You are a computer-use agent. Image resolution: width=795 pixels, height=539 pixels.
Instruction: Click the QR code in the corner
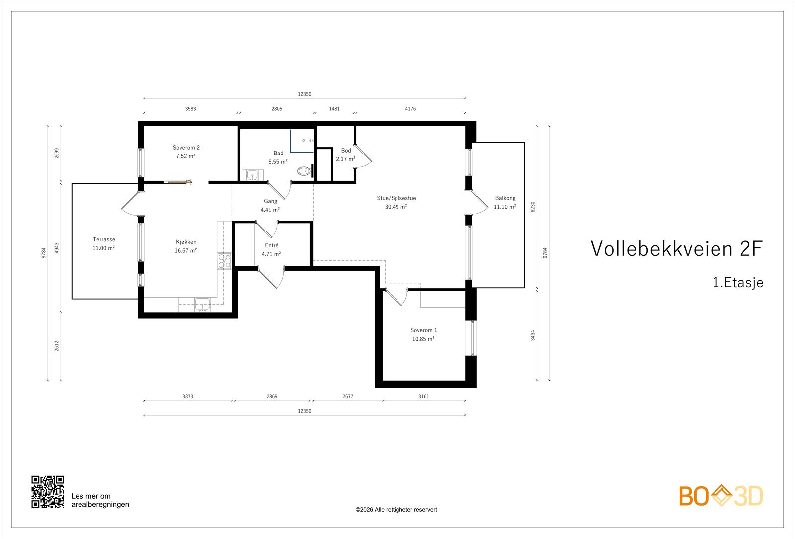[x=48, y=492]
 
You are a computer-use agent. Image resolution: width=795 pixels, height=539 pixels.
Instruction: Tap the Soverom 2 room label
[x=186, y=148]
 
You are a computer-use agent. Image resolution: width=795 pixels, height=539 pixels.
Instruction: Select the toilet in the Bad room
[x=304, y=171]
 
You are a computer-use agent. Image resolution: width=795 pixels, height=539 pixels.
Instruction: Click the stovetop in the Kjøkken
[x=224, y=261]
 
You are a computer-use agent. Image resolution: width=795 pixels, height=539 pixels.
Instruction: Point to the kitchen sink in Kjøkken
[x=202, y=304]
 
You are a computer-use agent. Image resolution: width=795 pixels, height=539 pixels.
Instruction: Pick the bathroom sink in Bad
[x=252, y=175]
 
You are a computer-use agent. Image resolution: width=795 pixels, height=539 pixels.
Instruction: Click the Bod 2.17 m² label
[x=345, y=159]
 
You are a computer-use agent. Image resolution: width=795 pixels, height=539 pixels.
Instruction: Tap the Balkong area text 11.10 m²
[x=505, y=207]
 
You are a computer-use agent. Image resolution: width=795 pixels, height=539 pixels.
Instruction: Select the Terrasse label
[x=104, y=239]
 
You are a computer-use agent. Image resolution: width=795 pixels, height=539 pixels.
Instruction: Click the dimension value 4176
[x=410, y=109]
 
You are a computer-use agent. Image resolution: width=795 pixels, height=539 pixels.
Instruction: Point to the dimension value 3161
[x=423, y=396]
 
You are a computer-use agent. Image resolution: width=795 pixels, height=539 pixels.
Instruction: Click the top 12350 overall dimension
[x=304, y=94]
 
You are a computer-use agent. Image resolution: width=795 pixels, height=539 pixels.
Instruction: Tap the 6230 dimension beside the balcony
[x=533, y=207]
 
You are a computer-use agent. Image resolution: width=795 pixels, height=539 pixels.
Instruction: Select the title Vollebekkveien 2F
[x=676, y=249]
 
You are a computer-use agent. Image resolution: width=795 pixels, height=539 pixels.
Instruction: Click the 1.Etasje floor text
[x=738, y=283]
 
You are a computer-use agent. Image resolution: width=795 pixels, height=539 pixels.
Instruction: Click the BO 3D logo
[x=721, y=496]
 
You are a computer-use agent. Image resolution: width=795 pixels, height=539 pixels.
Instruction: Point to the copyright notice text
[x=396, y=510]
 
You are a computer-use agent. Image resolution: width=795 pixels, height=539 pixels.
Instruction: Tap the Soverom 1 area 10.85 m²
[x=423, y=339]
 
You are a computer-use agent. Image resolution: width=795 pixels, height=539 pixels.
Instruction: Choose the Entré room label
[x=272, y=245]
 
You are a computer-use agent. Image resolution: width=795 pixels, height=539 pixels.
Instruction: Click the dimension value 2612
[x=57, y=346]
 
